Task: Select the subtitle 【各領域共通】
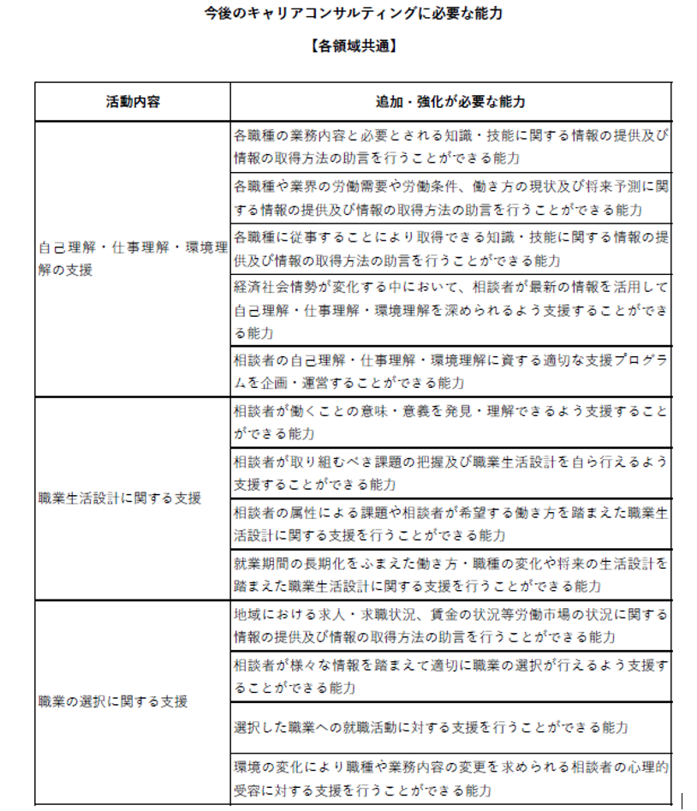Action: point(353,47)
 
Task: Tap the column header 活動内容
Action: point(133,101)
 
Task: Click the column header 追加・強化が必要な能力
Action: point(450,101)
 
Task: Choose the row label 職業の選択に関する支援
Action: point(113,701)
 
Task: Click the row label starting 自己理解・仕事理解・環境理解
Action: point(132,258)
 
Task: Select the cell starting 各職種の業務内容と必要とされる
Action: point(450,147)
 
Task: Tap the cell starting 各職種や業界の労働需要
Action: point(450,198)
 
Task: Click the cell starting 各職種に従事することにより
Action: point(450,248)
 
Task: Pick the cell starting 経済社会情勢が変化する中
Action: point(450,309)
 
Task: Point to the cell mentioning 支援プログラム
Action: point(450,371)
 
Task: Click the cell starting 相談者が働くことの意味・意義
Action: point(450,421)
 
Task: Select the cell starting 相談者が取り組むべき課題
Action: point(450,472)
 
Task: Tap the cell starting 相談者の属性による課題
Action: point(450,523)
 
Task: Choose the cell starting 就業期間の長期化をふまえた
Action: point(450,575)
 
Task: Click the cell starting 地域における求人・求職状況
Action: point(450,626)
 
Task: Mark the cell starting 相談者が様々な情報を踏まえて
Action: point(450,677)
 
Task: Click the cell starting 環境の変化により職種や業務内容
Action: point(450,778)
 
